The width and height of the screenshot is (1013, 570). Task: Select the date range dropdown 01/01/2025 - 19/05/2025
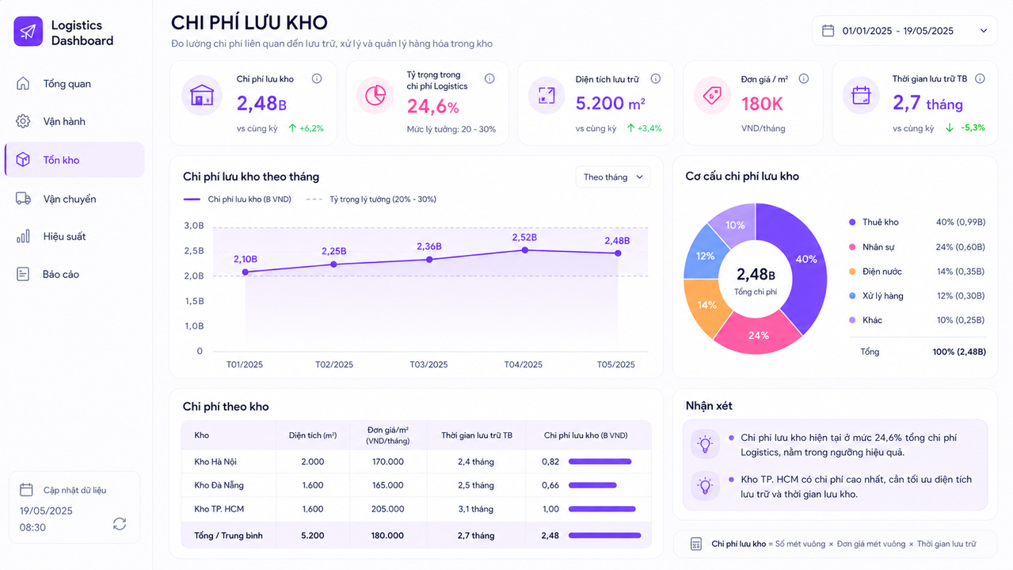[x=904, y=31]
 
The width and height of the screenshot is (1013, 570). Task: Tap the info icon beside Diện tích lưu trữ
[x=655, y=78]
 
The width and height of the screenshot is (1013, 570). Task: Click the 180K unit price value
[x=762, y=104]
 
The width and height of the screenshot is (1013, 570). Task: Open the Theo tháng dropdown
[x=613, y=177]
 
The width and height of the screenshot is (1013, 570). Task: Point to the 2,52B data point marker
[x=524, y=250]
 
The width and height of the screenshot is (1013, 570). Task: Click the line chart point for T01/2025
[x=245, y=272]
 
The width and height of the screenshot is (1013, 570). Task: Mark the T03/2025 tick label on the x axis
[x=428, y=364]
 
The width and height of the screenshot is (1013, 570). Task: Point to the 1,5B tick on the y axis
[x=194, y=301]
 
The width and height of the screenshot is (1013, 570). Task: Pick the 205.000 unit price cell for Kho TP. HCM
[x=387, y=509]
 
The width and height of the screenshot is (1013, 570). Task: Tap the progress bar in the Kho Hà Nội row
[x=600, y=462]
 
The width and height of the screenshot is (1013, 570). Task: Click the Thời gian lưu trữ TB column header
[x=477, y=435]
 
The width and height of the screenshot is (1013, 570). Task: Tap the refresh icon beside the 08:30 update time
[x=120, y=524]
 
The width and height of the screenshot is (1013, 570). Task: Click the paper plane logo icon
[x=28, y=31]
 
